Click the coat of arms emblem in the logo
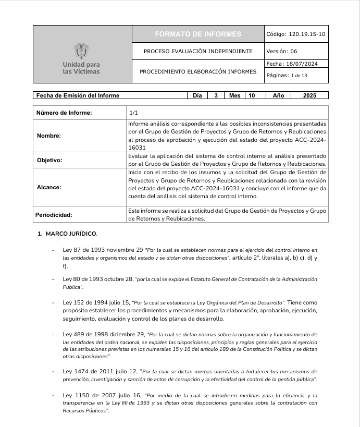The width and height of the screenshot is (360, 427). pyautogui.click(x=81, y=51)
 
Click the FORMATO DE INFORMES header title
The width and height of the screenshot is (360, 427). pyautogui.click(x=198, y=34)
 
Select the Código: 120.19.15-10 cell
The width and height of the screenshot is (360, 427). pyautogui.click(x=296, y=34)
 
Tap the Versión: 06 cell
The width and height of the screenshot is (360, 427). pyautogui.click(x=282, y=51)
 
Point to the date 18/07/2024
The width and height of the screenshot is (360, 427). pyautogui.click(x=303, y=64)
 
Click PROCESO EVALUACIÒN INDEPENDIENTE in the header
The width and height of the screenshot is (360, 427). pyautogui.click(x=198, y=51)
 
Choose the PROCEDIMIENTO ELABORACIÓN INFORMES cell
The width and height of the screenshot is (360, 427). pyautogui.click(x=198, y=71)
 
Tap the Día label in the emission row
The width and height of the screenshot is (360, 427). pyautogui.click(x=197, y=95)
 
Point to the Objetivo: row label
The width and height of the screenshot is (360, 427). pyautogui.click(x=49, y=160)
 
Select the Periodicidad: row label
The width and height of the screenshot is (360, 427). pyautogui.click(x=54, y=214)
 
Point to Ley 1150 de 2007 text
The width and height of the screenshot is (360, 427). pyautogui.click(x=85, y=396)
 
